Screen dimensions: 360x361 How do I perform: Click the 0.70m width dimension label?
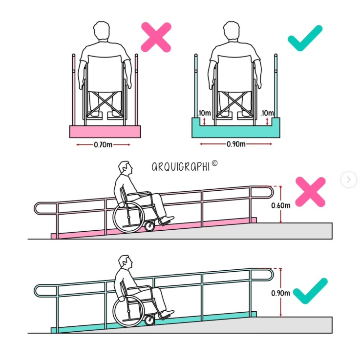coord(103,145)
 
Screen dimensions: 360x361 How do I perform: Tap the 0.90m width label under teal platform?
coord(236,144)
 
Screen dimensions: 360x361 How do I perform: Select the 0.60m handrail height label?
coord(280,205)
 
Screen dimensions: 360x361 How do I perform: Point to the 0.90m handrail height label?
coord(280,293)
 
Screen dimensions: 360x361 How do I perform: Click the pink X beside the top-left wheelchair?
coord(156,37)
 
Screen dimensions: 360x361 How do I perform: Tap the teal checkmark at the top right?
coord(305,38)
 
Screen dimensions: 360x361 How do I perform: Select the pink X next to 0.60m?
coord(310,192)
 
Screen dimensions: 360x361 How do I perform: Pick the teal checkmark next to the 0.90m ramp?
coord(310,291)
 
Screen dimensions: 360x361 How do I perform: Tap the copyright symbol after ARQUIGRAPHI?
coord(214,163)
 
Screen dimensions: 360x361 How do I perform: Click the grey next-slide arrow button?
coord(348,180)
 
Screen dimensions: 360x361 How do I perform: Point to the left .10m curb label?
coord(204,113)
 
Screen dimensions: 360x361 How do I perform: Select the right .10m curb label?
coord(267,113)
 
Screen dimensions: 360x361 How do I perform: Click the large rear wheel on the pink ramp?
coord(128,217)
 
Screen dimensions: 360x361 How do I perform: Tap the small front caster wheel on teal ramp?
coord(149,320)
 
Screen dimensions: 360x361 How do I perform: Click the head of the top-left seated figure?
coord(101,30)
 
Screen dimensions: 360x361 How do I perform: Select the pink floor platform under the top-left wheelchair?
coord(105,132)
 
